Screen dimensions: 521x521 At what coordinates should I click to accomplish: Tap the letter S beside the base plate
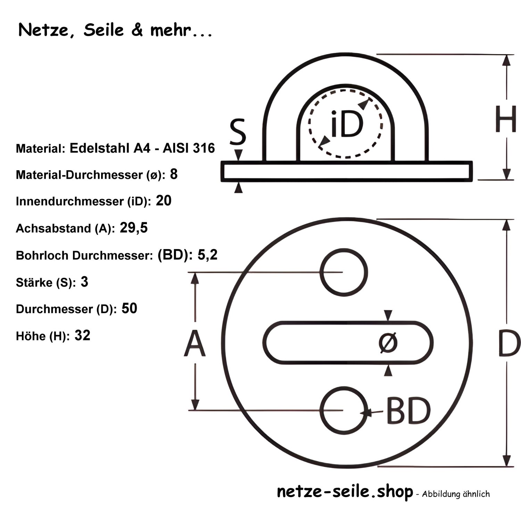(238, 132)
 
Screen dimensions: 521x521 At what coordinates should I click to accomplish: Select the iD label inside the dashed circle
(346, 123)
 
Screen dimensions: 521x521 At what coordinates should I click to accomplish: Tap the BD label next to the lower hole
(408, 411)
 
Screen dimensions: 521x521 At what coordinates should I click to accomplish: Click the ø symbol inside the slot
(388, 342)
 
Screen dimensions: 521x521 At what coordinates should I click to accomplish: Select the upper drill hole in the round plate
(343, 272)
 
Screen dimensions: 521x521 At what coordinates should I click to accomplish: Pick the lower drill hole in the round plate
(343, 411)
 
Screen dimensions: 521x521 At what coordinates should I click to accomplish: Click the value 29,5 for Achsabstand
(134, 228)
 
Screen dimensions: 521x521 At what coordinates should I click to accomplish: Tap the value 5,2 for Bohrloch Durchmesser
(207, 255)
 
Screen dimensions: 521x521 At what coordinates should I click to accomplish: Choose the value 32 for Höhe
(82, 336)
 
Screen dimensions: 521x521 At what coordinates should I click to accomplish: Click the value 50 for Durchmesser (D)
(129, 308)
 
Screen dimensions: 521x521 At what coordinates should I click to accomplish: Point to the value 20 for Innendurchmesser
(164, 201)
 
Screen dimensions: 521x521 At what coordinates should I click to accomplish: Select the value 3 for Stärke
(84, 282)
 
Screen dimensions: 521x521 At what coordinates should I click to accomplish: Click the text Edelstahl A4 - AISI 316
(142, 148)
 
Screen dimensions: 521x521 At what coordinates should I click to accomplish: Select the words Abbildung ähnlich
(456, 494)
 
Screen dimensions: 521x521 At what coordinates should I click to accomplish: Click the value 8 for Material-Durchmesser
(174, 174)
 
